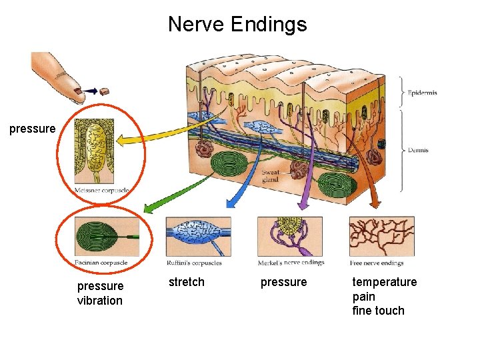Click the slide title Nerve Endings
237,25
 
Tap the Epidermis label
422,93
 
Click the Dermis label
418,151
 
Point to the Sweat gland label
270,176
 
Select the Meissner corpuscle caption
101,191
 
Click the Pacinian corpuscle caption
101,262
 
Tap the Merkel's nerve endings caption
291,262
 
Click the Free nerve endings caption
377,263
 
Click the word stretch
187,282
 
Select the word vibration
100,301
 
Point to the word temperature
385,282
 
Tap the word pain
364,297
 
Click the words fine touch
379,311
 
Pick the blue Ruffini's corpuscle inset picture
198,236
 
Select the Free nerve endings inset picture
381,236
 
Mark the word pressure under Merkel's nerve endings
284,282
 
